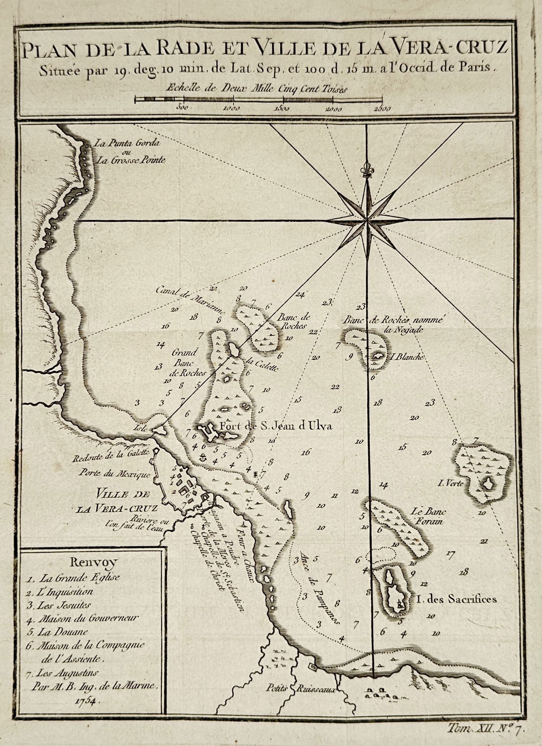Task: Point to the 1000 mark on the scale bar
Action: (x=232, y=108)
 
